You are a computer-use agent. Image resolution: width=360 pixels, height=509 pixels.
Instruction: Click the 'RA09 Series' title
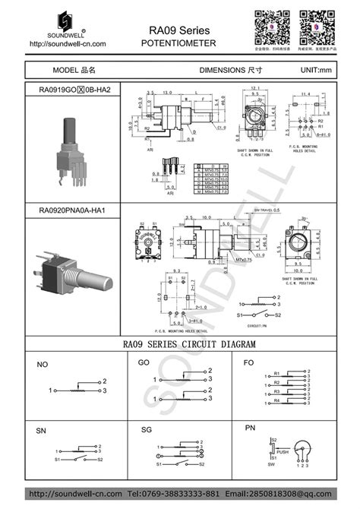click(x=179, y=30)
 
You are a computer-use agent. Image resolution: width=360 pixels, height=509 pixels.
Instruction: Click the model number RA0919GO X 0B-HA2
click(x=79, y=90)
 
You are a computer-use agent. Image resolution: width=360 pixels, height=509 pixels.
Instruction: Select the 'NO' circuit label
click(x=43, y=365)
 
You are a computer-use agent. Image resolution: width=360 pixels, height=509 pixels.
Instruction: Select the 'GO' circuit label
click(x=144, y=363)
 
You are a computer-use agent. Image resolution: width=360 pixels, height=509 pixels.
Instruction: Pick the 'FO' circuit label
click(x=248, y=362)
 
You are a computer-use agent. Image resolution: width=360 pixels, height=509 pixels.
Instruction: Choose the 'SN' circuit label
click(x=41, y=431)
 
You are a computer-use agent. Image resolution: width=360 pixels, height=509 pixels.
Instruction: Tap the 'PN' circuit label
click(x=250, y=428)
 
